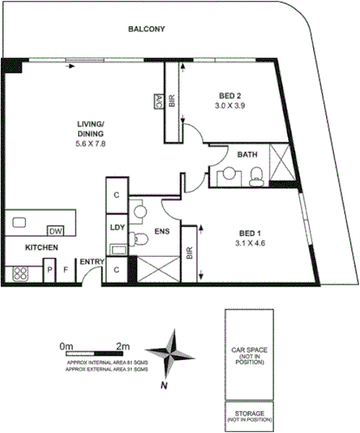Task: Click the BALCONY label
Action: coord(147,29)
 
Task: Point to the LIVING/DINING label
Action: coord(90,130)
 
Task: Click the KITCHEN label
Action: coord(41,248)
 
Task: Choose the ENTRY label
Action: coord(91,262)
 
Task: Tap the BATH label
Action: coord(248,155)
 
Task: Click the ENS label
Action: coord(161,232)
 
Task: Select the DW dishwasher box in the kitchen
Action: coord(56,231)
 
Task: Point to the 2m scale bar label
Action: coord(122,345)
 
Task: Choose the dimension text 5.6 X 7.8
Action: coord(90,144)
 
